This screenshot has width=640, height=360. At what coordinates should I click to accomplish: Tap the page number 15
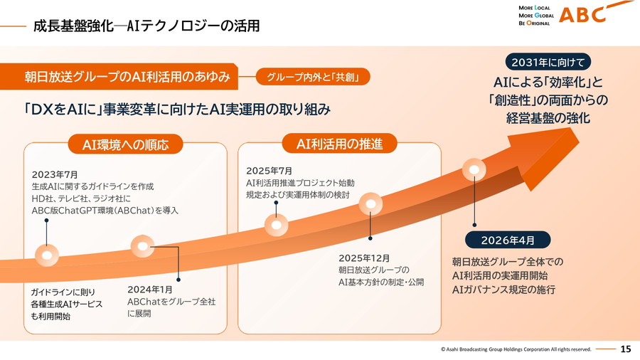(x=626, y=349)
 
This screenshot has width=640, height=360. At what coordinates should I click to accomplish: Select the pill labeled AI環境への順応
(x=126, y=145)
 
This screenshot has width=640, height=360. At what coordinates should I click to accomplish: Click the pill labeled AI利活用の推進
(x=339, y=144)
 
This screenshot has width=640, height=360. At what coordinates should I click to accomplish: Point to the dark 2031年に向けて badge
(x=547, y=62)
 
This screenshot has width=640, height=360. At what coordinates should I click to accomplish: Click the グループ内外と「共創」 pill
(x=314, y=77)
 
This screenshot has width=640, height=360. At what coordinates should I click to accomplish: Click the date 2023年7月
(x=55, y=174)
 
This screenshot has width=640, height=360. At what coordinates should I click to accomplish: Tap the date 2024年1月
(x=150, y=290)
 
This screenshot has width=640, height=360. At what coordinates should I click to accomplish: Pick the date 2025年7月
(x=270, y=171)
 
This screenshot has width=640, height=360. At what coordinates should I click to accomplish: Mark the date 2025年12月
(x=364, y=258)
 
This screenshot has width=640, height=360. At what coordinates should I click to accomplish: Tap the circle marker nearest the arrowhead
(x=474, y=170)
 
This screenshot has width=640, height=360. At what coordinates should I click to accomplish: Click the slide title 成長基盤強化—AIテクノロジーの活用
(x=146, y=26)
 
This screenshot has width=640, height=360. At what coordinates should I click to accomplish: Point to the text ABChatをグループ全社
(x=171, y=302)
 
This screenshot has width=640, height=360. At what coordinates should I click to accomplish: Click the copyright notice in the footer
(x=516, y=349)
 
